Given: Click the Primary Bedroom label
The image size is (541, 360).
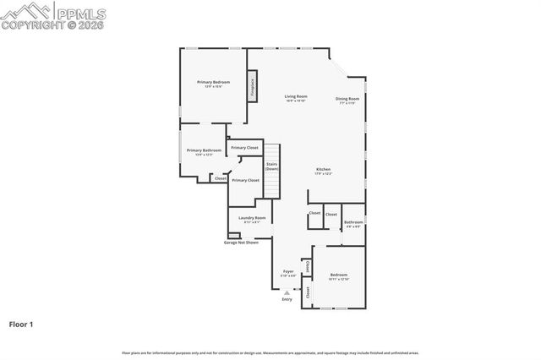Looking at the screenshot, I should (x=214, y=82).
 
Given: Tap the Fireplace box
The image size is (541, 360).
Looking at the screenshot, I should (x=251, y=88).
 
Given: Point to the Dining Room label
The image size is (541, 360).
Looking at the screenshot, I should (x=347, y=99).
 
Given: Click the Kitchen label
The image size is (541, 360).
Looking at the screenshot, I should (x=324, y=169).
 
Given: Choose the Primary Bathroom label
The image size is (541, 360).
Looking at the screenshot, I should (x=204, y=150).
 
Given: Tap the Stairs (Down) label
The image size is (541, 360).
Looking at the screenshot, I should (x=272, y=166).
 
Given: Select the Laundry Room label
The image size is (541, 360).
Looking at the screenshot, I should (x=252, y=218).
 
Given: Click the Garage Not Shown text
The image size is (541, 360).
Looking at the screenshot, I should (x=241, y=243).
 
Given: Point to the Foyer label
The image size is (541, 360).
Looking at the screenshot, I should (x=288, y=271).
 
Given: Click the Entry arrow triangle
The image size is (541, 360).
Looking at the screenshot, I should (x=287, y=292).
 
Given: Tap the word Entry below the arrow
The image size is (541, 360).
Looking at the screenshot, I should (x=287, y=299).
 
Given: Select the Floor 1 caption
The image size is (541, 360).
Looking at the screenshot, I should (x=20, y=324).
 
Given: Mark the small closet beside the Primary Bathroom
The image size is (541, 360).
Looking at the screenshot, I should (x=220, y=178).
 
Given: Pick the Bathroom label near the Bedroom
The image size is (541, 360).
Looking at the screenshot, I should (x=352, y=222).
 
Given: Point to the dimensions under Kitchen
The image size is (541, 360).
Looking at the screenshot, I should (x=324, y=174).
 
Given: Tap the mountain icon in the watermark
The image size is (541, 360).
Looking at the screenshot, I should (x=27, y=10).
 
